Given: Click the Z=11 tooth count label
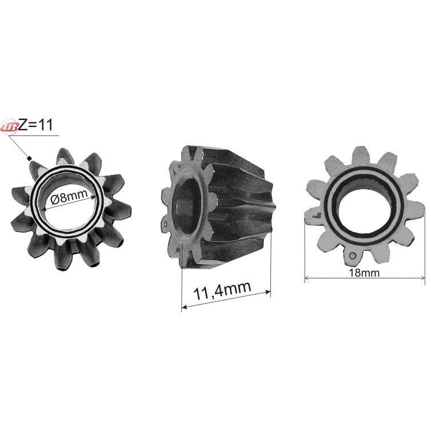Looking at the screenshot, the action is pos(35,125).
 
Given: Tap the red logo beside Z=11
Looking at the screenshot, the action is pos(9,127).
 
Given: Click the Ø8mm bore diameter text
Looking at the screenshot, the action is pos(69,197).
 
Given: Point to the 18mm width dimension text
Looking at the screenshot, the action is pos(364,273).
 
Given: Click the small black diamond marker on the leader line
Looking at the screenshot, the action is pos(30,158).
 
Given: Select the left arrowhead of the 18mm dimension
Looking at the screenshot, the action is pos(308,278).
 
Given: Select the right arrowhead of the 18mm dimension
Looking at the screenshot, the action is pos(422,278).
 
